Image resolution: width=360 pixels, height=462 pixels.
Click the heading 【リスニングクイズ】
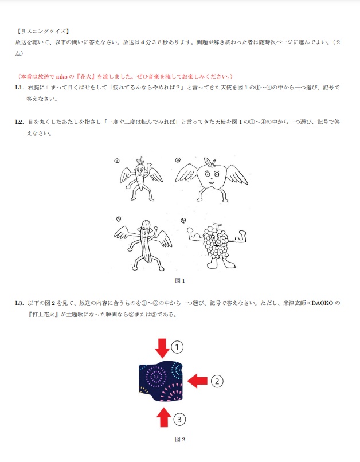pyautogui.click(x=42, y=31)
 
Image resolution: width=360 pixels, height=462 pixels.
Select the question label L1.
pyautogui.click(x=19, y=88)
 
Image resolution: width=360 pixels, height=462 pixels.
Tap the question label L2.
pyautogui.click(x=19, y=122)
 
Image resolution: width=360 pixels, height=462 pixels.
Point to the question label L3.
pyautogui.click(x=19, y=303)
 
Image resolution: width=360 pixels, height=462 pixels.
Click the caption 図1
pyautogui.click(x=180, y=281)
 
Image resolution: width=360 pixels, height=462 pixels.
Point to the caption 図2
pyautogui.click(x=180, y=439)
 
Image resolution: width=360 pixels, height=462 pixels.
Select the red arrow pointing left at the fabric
pyautogui.click(x=198, y=379)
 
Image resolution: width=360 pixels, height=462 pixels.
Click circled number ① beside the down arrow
pyautogui.click(x=178, y=347)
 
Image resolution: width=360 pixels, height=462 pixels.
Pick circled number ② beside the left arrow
pyautogui.click(x=216, y=380)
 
